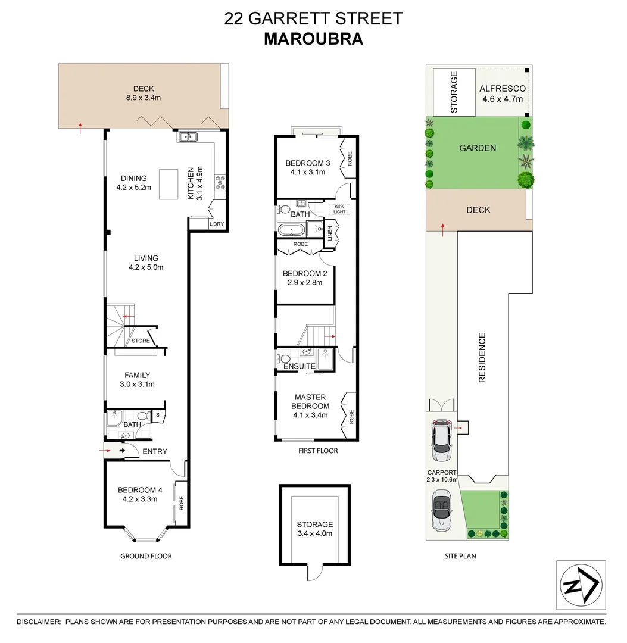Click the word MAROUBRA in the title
click(x=313, y=39)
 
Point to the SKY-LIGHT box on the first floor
click(x=339, y=210)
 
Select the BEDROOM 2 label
click(x=305, y=274)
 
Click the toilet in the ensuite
click(x=284, y=359)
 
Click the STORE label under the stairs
click(x=141, y=341)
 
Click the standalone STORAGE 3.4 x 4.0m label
click(x=314, y=529)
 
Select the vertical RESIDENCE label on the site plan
click(x=482, y=357)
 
